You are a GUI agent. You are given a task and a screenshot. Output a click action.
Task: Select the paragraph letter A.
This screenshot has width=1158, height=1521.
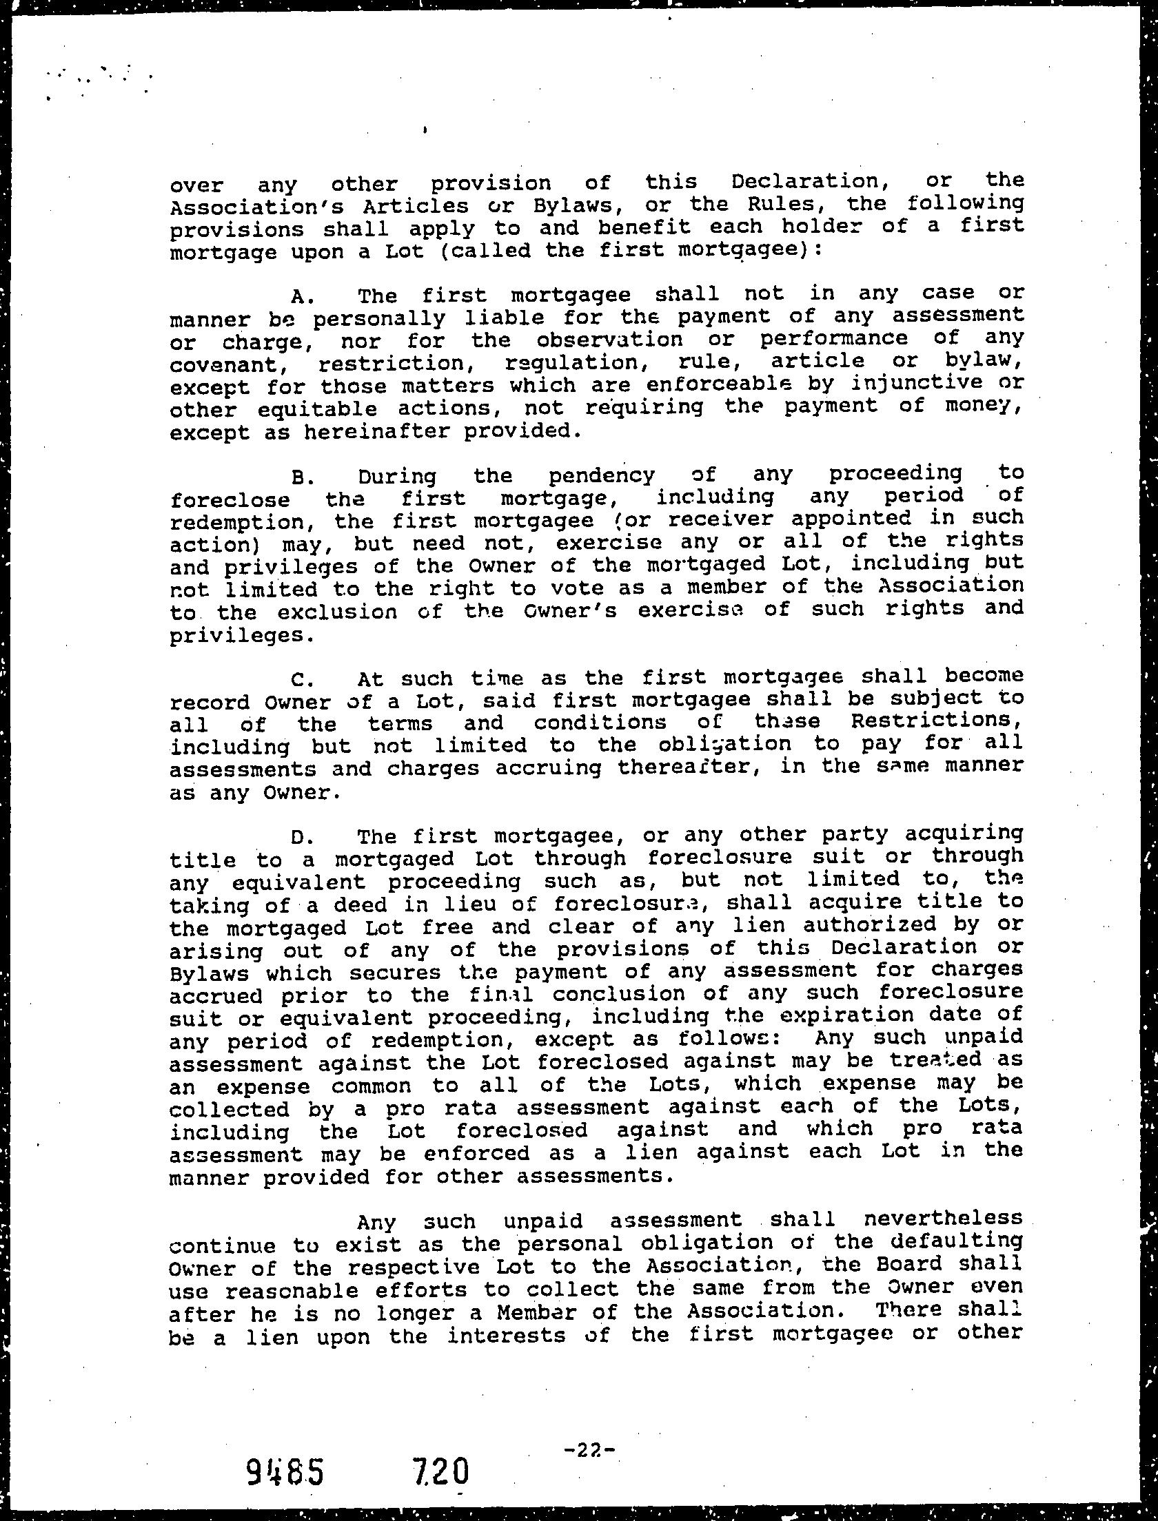[x=302, y=296]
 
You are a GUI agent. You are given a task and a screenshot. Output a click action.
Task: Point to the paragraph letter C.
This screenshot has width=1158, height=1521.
[x=302, y=681]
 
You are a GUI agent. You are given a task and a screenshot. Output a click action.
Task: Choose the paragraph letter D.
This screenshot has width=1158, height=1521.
[x=302, y=838]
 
